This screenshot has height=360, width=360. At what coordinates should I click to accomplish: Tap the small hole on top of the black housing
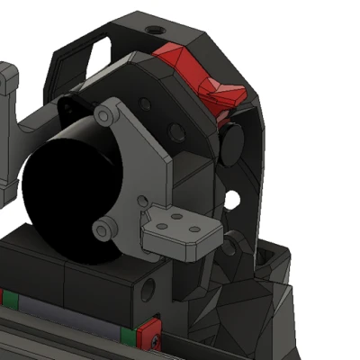click(157, 31)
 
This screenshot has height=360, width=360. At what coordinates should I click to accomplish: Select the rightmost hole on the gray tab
click(196, 231)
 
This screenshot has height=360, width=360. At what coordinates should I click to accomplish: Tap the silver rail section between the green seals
click(63, 316)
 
